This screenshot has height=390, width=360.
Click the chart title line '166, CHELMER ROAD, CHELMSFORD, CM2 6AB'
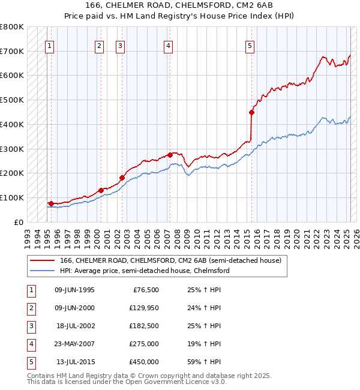(x=180, y=5)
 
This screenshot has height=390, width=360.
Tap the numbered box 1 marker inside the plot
(x=49, y=45)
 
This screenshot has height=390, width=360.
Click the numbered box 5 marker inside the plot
(x=250, y=45)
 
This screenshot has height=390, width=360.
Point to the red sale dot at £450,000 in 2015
(x=252, y=112)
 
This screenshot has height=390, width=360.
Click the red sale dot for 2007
(x=170, y=155)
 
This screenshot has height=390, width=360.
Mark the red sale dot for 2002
(x=122, y=177)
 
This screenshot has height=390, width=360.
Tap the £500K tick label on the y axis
(x=12, y=100)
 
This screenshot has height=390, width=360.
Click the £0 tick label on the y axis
(x=19, y=222)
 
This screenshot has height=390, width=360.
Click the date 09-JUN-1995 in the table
(x=74, y=290)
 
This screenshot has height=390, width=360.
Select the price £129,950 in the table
(x=143, y=308)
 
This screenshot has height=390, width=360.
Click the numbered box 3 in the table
(x=31, y=326)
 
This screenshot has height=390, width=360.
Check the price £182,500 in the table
(x=143, y=326)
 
